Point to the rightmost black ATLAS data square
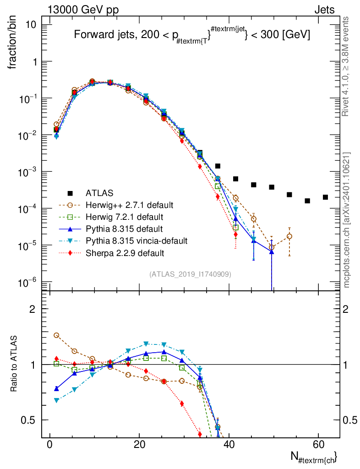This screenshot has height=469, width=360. (x=325, y=197)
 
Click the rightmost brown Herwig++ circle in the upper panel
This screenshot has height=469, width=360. (x=289, y=236)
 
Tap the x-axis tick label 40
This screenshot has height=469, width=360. (x=228, y=445)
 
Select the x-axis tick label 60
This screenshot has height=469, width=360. (x=318, y=445)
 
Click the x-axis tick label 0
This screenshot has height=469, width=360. (x=49, y=445)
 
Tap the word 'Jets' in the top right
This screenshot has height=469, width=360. (x=324, y=10)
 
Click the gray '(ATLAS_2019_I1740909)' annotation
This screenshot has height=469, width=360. (x=190, y=274)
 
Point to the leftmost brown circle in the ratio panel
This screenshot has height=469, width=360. (x=56, y=335)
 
